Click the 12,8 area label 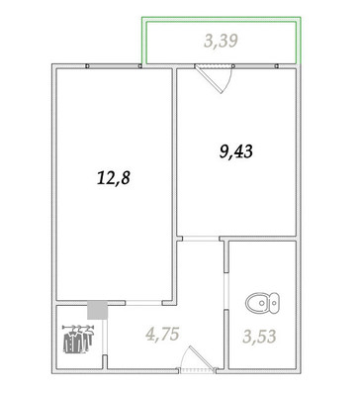[114, 178]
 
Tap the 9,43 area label [236, 152]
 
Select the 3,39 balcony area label [221, 42]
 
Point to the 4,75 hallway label [162, 334]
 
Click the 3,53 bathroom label [259, 337]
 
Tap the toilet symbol [262, 302]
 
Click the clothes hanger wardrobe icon [78, 339]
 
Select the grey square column [98, 310]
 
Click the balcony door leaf [209, 79]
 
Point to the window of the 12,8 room [114, 66]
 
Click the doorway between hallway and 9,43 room [201, 239]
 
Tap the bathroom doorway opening [226, 291]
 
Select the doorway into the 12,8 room [143, 303]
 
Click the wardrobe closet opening [104, 337]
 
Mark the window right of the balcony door [256, 66]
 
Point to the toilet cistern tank [274, 302]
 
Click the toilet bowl [257, 302]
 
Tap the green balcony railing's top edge [221, 18]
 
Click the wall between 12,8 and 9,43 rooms [174, 185]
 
